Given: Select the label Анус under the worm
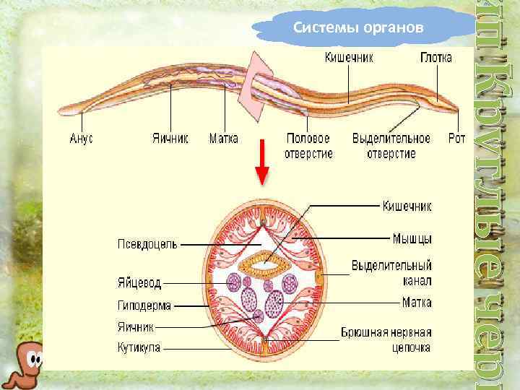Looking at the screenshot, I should (x=82, y=138).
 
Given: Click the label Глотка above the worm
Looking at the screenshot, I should (x=436, y=56).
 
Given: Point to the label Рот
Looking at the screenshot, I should (x=456, y=138).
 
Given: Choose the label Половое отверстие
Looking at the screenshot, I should (x=308, y=145).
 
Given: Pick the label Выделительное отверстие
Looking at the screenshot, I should (x=391, y=145).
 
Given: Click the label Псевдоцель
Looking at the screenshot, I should (x=147, y=244).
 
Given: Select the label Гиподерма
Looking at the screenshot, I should (x=144, y=305).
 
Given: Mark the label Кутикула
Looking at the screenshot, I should (x=139, y=347).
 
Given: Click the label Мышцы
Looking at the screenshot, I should (x=412, y=238).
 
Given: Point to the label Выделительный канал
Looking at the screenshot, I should (x=391, y=272).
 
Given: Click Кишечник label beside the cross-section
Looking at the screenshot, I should (x=407, y=207).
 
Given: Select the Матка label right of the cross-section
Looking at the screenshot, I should (x=417, y=303).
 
